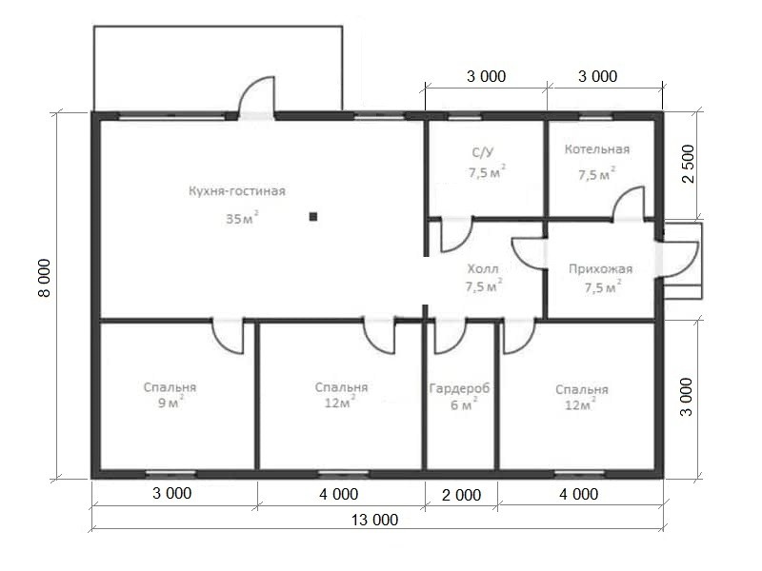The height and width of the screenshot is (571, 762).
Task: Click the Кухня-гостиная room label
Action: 236,191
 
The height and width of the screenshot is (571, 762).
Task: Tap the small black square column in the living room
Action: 313,217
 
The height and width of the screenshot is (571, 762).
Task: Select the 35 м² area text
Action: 242,218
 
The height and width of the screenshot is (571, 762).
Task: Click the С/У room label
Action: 483,152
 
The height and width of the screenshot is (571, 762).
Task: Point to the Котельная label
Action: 597,149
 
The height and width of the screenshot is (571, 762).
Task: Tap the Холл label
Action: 483,268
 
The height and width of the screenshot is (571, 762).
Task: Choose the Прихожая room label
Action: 601,269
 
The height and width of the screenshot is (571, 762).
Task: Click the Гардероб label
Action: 459,388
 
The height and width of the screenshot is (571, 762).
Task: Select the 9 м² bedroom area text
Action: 170,402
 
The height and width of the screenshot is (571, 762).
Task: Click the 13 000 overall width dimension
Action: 374,520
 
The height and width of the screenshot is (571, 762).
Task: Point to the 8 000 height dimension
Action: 44,278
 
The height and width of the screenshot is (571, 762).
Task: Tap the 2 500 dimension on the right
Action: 689,164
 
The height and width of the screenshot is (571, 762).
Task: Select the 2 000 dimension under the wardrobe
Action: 461,495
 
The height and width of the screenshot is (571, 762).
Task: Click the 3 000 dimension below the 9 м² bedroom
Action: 172,493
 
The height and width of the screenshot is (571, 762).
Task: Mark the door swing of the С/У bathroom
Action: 456,235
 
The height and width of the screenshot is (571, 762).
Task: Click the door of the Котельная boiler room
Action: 629,204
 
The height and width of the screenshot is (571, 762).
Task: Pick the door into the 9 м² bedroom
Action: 229,336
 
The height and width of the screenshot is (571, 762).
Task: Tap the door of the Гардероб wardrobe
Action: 450,336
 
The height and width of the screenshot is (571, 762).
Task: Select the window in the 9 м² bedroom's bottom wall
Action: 171,472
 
